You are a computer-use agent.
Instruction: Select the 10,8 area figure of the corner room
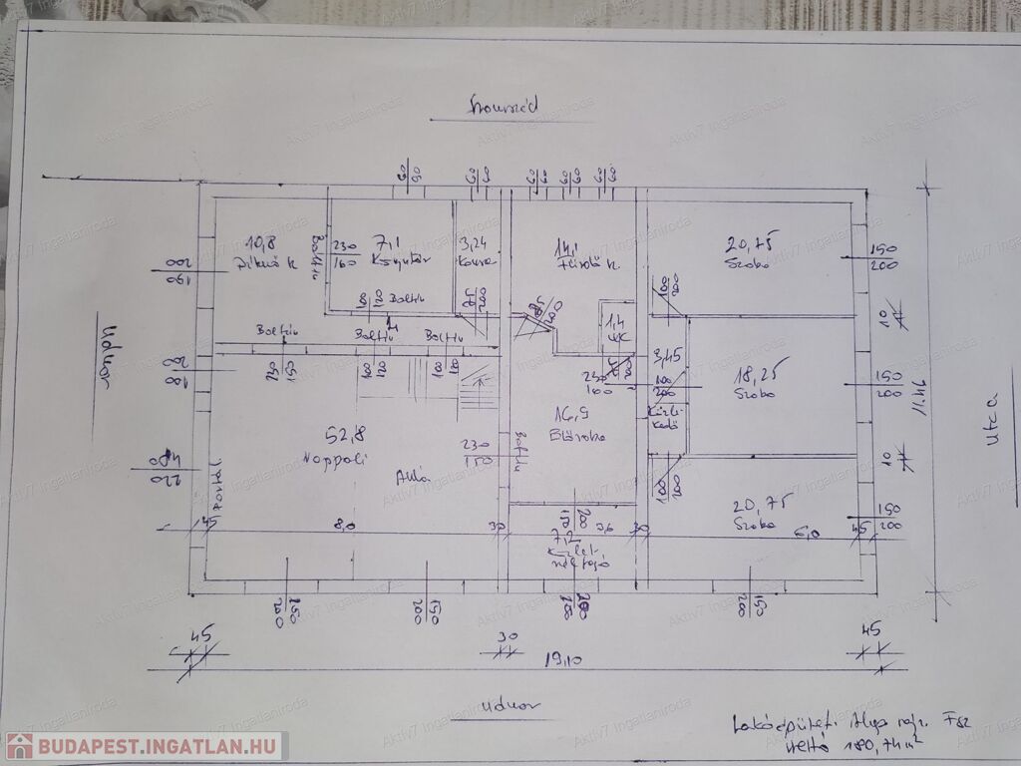click(x=262, y=241)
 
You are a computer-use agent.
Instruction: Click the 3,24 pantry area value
click(x=472, y=241)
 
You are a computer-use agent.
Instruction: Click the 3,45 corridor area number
click(x=665, y=354)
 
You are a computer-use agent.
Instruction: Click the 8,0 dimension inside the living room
click(x=345, y=526)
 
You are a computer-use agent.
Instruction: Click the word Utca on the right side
click(x=992, y=430)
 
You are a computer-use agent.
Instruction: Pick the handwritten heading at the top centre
click(x=505, y=105)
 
